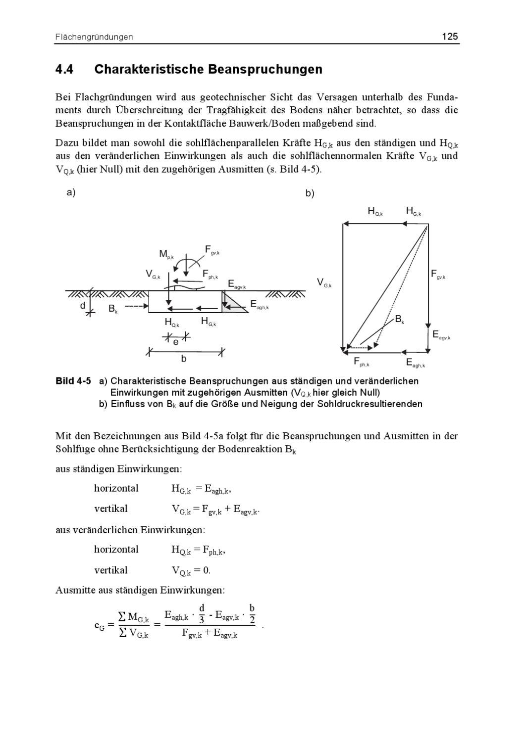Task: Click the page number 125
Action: pyautogui.click(x=450, y=37)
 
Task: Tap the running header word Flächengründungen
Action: pyautogui.click(x=94, y=37)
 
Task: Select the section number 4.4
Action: pyautogui.click(x=64, y=69)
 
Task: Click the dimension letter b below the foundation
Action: pyautogui.click(x=184, y=359)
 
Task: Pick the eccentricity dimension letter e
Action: pyautogui.click(x=176, y=342)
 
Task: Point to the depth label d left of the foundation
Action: pyautogui.click(x=83, y=306)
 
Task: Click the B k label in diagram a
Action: pyautogui.click(x=113, y=309)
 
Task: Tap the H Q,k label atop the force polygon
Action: pyautogui.click(x=375, y=211)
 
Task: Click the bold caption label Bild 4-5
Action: pyautogui.click(x=73, y=381)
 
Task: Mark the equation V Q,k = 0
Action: pyautogui.click(x=191, y=570)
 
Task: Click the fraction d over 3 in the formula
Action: pyautogui.click(x=202, y=612)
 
